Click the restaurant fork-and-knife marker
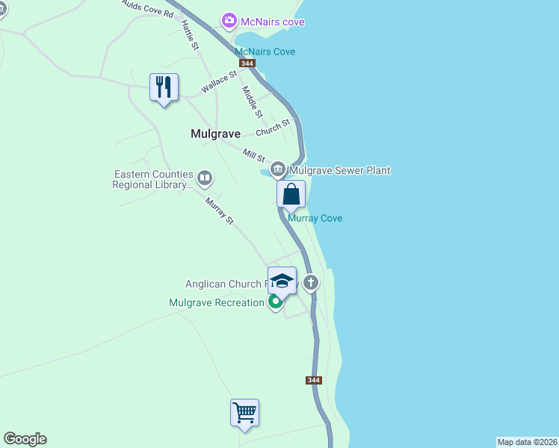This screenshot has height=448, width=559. point(164,87)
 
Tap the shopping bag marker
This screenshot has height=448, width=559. point(291,194)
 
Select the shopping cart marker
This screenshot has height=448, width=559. point(244,412)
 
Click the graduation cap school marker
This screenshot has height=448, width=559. point(282,281)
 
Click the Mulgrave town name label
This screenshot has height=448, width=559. point(215,134)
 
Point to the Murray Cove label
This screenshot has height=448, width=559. point(315,218)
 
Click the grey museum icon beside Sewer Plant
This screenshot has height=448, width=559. point(278,170)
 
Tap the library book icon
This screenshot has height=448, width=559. point(205,178)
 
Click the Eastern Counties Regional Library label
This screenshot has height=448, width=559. point(153,179)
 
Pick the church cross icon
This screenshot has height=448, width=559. point(311,282)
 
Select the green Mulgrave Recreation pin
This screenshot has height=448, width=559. point(275,302)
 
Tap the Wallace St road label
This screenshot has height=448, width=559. point(218,82)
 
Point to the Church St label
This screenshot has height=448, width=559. point(272,128)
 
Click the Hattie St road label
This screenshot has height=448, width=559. point(189,35)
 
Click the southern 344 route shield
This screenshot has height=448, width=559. point(314,380)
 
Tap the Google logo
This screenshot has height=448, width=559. point(25,439)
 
